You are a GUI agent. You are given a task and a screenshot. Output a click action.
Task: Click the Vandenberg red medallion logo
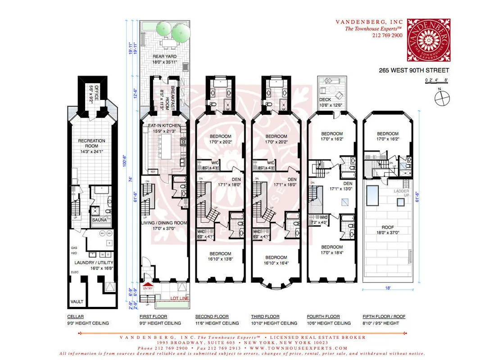pos(428,39)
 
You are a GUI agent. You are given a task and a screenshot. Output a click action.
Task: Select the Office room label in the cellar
pos(93,95)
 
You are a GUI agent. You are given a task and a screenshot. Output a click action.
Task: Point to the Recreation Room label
pos(91,144)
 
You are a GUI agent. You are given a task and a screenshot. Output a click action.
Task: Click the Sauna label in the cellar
pos(99,220)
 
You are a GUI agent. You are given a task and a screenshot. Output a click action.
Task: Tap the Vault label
pos(77,301)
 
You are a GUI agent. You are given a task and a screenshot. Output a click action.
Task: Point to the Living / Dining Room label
pos(164,228)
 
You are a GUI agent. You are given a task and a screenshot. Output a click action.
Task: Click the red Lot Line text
pos(180,298)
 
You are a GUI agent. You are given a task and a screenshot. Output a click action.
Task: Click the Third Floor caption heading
pos(265,317)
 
